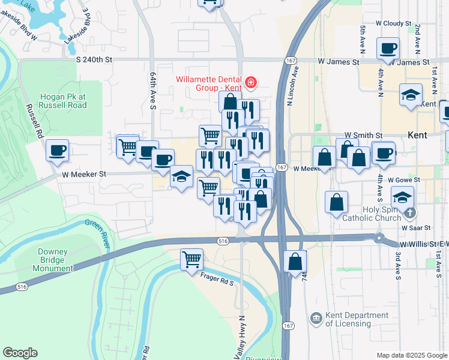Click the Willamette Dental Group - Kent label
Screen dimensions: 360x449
pos(208,83)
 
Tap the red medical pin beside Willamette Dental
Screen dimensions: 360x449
pos(252,82)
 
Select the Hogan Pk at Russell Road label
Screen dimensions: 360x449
pos(64,101)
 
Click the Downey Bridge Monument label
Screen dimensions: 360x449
pos(47,260)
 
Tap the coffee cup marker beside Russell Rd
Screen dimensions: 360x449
pos(58,150)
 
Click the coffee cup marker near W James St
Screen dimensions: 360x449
pos(388,48)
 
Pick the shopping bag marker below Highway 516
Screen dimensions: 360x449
pos(295,262)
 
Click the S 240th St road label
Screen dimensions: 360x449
pos(95,60)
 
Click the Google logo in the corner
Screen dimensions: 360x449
pos(20,353)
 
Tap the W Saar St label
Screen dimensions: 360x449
pos(417,228)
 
